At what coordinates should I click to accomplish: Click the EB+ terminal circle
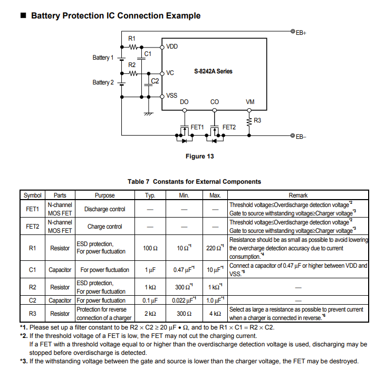(x=293, y=31)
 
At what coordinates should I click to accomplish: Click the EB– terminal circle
(x=293, y=135)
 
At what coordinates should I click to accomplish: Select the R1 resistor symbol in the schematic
(x=133, y=47)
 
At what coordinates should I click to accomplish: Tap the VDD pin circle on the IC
(x=162, y=47)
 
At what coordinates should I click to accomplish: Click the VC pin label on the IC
(x=170, y=73)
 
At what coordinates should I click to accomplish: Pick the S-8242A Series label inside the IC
(x=213, y=71)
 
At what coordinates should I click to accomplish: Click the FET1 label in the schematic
(x=197, y=127)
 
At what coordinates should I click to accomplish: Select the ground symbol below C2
(x=148, y=114)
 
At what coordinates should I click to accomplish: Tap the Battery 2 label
(x=103, y=82)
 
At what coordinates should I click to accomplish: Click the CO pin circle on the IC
(x=215, y=110)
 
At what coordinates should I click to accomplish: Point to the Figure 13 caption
(x=200, y=156)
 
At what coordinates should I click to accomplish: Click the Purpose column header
(x=105, y=195)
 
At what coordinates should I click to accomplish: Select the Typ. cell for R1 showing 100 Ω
(x=150, y=248)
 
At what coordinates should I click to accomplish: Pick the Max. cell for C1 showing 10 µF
(x=215, y=269)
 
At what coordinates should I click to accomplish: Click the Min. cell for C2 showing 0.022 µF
(x=184, y=300)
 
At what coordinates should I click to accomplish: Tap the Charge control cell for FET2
(x=105, y=227)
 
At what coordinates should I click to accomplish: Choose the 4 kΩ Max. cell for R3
(x=215, y=314)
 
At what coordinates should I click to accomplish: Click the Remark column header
(x=298, y=195)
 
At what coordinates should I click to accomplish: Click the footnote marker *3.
(x=24, y=361)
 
